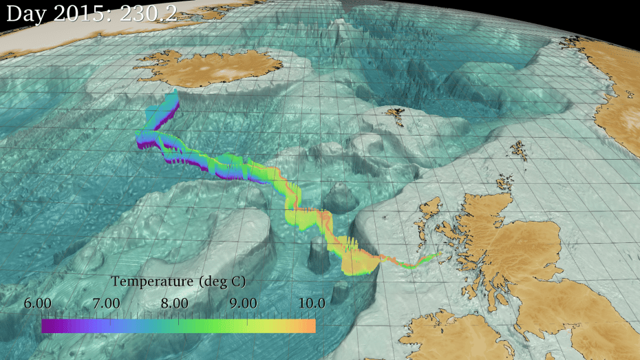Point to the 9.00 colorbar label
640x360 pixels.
244,303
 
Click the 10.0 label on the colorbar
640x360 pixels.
311,303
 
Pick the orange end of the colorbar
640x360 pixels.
311,326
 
